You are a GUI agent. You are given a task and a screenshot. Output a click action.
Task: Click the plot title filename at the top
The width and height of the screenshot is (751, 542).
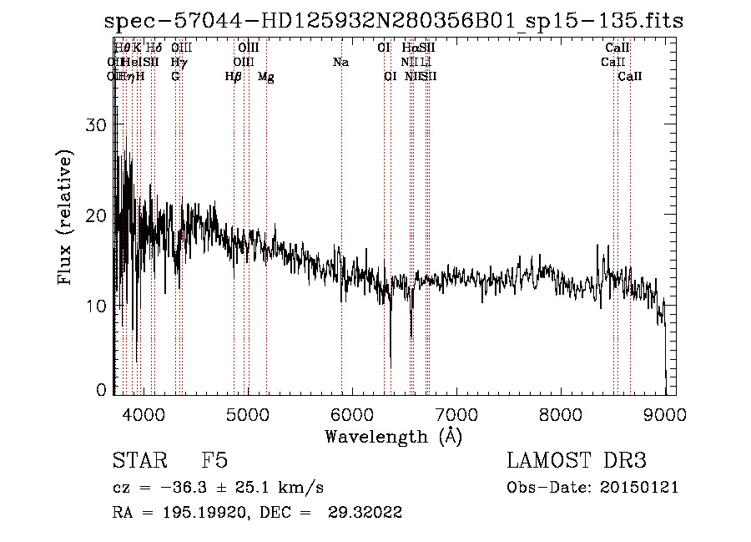(x=394, y=21)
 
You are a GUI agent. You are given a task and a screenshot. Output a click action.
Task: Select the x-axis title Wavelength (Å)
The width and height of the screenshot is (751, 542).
(x=393, y=436)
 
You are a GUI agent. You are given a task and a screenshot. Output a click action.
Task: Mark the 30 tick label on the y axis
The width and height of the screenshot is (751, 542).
(x=98, y=125)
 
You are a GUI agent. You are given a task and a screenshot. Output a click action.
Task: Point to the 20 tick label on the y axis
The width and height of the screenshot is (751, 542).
(x=98, y=215)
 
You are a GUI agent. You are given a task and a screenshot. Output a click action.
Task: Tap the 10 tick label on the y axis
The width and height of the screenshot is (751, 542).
(x=98, y=306)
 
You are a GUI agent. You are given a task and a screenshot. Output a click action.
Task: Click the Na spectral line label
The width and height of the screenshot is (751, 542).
(x=340, y=62)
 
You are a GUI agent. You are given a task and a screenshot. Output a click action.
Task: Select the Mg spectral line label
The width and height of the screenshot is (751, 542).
(x=266, y=77)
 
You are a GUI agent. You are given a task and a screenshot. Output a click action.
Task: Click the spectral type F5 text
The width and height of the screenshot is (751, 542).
(x=214, y=461)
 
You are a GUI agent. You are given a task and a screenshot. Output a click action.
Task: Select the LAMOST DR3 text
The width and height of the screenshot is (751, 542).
(x=577, y=461)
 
